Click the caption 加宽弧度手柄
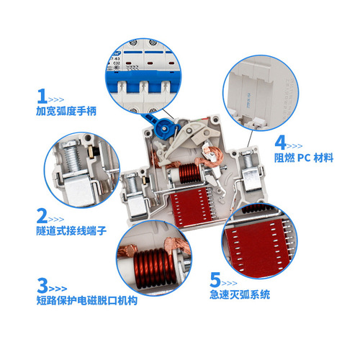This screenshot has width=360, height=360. (x=69, y=112)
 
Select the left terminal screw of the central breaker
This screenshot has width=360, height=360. (x=135, y=186)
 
